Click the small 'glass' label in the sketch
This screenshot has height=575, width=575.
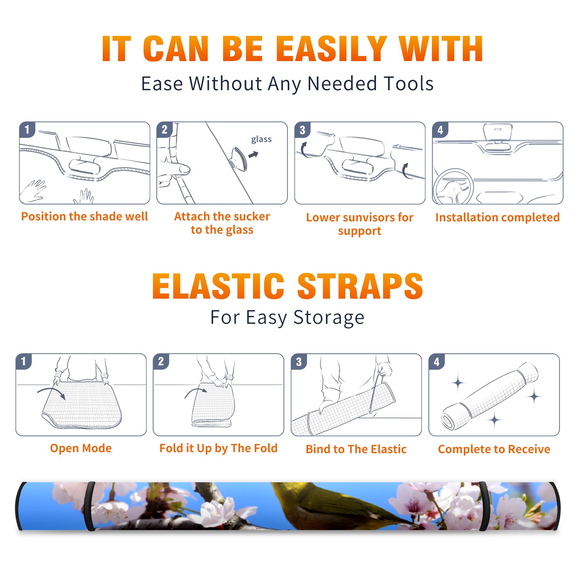click(x=261, y=139)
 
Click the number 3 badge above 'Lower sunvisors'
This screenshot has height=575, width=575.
click(x=302, y=130)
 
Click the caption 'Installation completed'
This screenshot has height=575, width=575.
click(x=497, y=217)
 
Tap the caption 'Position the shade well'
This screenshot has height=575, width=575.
click(x=84, y=216)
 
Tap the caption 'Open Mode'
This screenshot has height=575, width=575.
click(x=81, y=448)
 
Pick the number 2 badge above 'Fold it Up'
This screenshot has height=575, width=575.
click(x=161, y=361)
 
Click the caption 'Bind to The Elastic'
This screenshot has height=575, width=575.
click(x=356, y=449)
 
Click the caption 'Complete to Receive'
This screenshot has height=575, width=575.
click(x=494, y=449)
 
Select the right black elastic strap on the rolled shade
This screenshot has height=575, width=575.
click(x=484, y=506)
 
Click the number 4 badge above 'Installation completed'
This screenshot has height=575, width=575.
click(x=440, y=130)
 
